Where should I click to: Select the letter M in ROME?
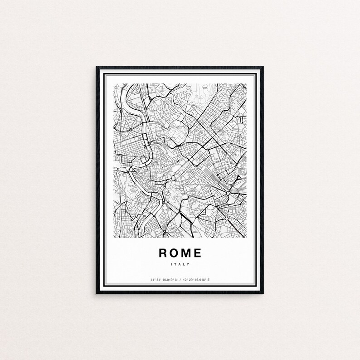(x=187, y=253)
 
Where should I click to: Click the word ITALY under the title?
(x=180, y=264)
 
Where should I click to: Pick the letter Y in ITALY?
(x=188, y=264)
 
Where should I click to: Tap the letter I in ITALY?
(x=173, y=264)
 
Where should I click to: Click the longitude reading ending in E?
(x=199, y=280)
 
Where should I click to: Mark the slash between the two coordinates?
(x=180, y=280)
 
